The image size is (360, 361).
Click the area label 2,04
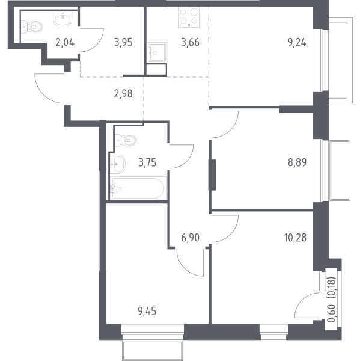point(65,43)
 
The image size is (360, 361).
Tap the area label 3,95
point(123,43)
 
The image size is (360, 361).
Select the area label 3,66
point(191,43)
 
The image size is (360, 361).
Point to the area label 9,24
point(297,43)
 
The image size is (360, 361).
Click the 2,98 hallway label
point(123,94)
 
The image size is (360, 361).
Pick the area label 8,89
point(297,162)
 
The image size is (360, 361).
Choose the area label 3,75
point(147,162)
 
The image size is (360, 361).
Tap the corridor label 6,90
point(191,238)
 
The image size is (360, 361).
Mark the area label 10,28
point(295,238)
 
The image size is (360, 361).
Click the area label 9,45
point(147,311)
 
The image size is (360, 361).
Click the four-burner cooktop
point(189,17)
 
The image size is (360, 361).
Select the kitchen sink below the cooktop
point(157,52)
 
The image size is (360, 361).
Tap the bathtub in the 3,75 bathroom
point(138,188)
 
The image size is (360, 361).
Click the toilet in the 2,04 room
point(32,27)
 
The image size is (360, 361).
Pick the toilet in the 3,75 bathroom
point(126,140)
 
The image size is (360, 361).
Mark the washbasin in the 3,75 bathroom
point(118,164)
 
